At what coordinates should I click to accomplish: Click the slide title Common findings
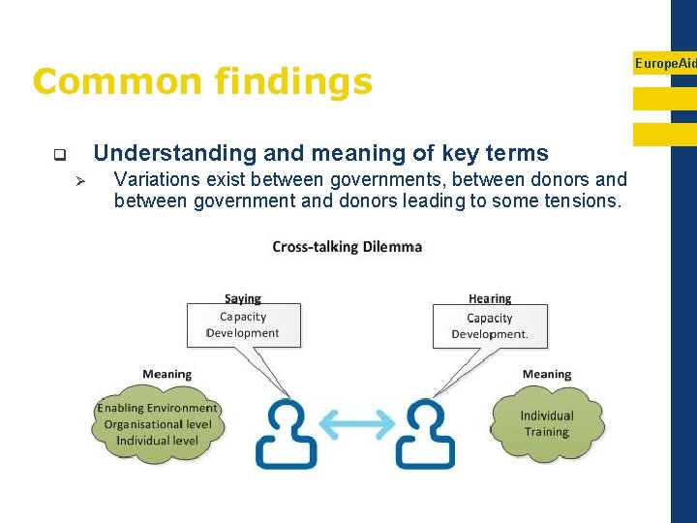pos(201,81)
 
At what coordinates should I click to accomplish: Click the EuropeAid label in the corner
pos(665,64)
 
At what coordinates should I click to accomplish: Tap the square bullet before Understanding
pos(59,154)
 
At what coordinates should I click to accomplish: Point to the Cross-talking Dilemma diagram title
pos(347,247)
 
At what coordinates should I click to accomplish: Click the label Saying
pos(242,298)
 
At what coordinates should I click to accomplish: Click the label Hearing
pos(489,298)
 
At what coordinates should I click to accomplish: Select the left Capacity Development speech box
pos(243,325)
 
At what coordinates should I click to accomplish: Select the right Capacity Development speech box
pos(490,326)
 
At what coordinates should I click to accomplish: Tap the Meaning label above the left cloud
pos(167,374)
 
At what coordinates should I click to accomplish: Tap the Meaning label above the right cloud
pos(546,374)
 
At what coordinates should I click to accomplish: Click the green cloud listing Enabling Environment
pos(157,424)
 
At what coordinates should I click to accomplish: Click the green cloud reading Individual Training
pos(547,423)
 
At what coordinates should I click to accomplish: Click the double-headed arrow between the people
pos(355,424)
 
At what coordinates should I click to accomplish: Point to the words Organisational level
pos(157,424)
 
